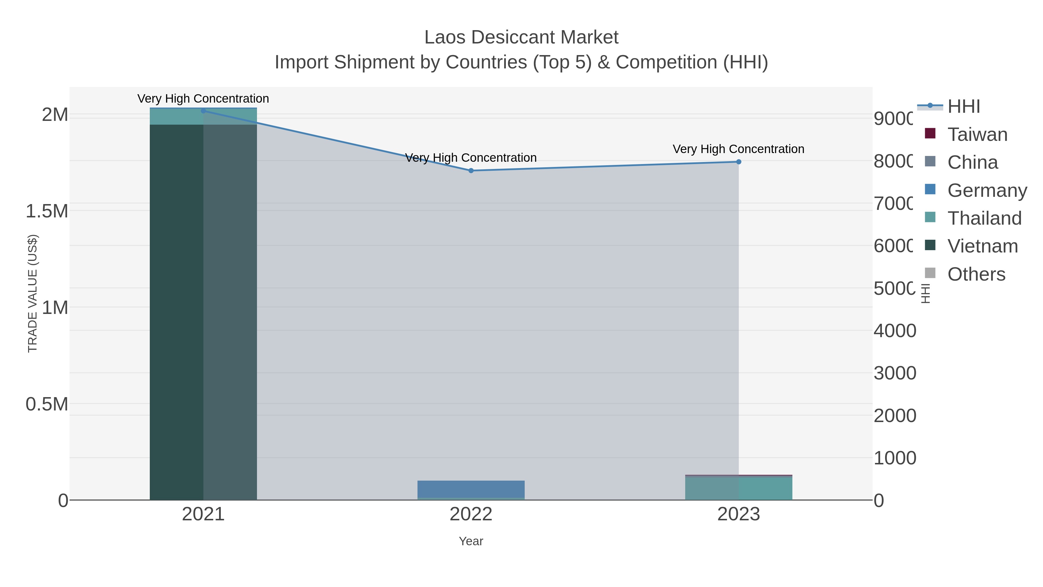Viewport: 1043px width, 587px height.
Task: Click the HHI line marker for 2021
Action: pos(203,111)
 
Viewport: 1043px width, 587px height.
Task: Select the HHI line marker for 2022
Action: pos(471,170)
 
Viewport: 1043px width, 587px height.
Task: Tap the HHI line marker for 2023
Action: pos(739,162)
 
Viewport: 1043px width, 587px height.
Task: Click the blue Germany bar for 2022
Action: pos(471,488)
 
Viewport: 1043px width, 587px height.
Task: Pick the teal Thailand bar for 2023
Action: pos(739,488)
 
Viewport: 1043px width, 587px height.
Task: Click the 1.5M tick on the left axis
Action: pos(47,211)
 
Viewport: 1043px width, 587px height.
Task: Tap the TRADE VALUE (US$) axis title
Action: pos(32,293)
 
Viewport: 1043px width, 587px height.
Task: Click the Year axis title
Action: pos(471,541)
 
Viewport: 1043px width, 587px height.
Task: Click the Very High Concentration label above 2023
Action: pos(738,149)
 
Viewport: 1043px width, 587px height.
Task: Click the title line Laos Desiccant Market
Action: pos(521,37)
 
